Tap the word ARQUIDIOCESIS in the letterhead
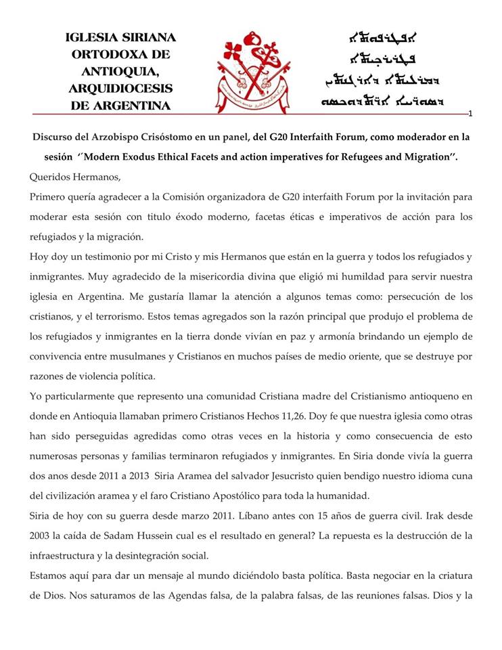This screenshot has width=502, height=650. coord(120,88)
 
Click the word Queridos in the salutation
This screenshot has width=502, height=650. coord(50,177)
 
